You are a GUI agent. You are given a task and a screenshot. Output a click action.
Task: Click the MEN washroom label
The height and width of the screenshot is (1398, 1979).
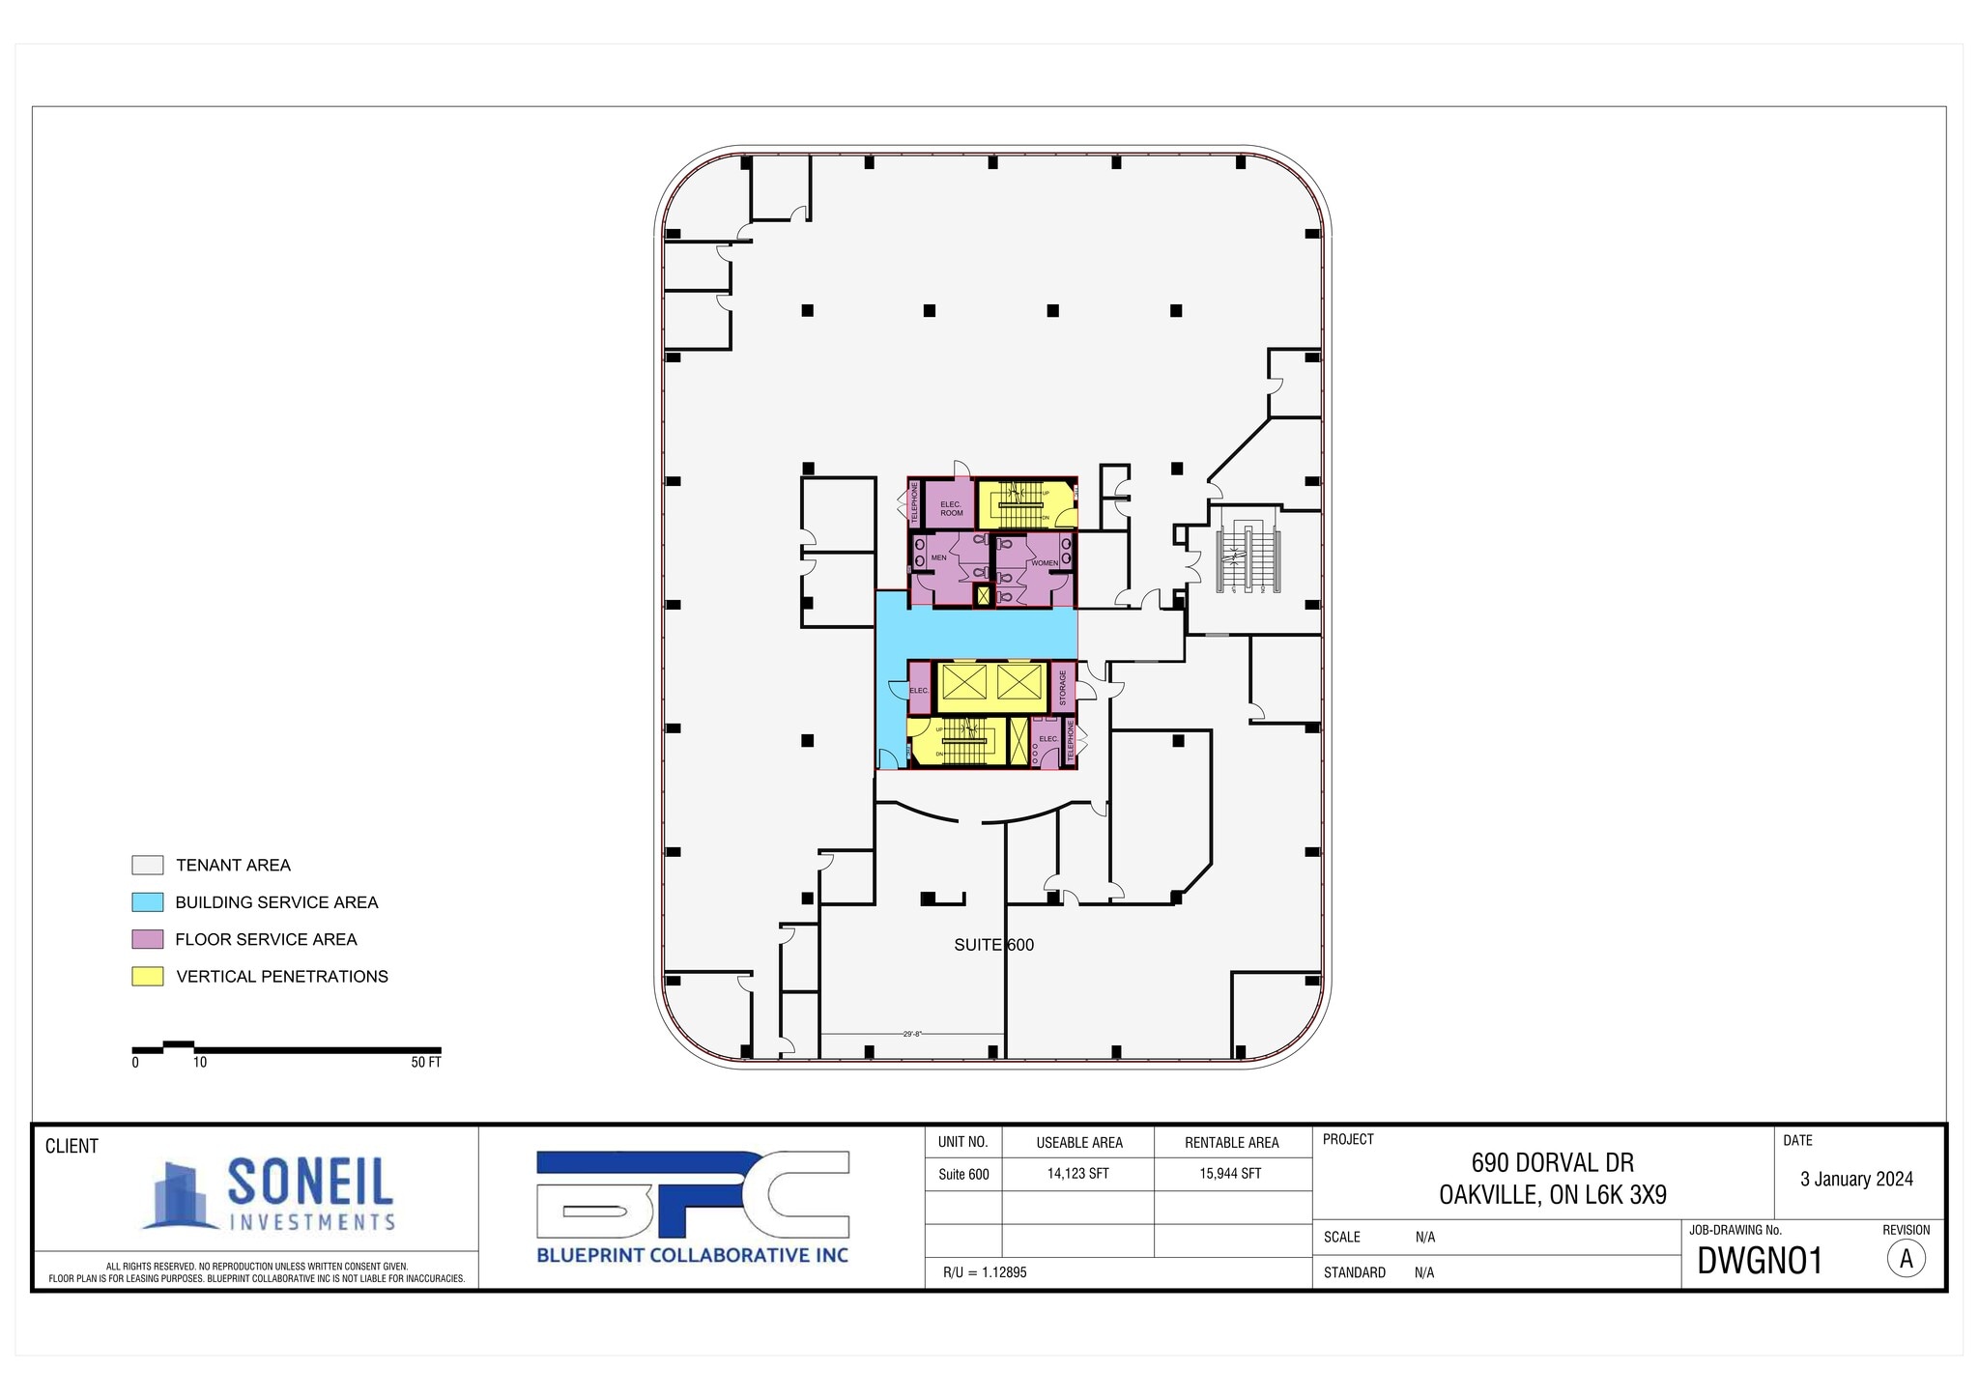pos(938,557)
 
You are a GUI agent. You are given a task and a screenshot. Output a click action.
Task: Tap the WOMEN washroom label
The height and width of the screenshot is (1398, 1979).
pos(1044,563)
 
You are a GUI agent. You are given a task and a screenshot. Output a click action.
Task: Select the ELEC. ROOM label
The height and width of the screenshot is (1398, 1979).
pos(951,508)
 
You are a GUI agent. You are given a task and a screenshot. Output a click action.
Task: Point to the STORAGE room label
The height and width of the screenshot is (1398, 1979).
pos(1062,688)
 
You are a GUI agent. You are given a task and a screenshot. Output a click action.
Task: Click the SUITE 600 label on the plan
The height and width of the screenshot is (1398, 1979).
pos(993,945)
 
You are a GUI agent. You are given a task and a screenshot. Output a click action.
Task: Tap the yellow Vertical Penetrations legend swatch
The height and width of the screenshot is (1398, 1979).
pos(147,976)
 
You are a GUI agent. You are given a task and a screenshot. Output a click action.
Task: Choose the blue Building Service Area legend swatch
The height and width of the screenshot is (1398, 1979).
pos(147,902)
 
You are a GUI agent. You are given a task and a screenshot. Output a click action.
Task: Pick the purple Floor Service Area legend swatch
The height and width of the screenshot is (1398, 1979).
pos(147,939)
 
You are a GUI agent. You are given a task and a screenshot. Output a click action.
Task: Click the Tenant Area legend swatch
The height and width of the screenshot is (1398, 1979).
pos(147,865)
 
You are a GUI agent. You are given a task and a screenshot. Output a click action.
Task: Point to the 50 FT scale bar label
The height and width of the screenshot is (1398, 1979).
pos(425,1063)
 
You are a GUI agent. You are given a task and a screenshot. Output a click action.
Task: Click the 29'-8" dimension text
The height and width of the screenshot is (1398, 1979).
pos(911,1034)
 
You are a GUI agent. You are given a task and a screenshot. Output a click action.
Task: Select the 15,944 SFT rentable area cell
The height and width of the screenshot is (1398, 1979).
pos(1231,1174)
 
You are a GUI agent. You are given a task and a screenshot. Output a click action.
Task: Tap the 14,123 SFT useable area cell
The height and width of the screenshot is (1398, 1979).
pos(1078,1174)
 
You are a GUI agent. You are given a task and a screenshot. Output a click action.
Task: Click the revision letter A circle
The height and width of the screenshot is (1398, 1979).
pos(1906,1259)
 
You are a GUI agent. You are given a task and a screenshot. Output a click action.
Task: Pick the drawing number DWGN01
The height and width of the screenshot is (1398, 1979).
pos(1759,1261)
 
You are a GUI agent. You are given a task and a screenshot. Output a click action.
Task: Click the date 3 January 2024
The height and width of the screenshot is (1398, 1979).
pos(1856,1179)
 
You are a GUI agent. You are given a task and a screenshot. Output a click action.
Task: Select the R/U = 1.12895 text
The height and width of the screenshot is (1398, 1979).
pos(985,1272)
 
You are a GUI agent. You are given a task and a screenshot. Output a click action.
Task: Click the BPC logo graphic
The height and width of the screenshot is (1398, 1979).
pos(692,1195)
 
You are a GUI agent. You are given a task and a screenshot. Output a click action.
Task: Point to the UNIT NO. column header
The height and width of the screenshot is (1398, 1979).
pos(962,1142)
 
